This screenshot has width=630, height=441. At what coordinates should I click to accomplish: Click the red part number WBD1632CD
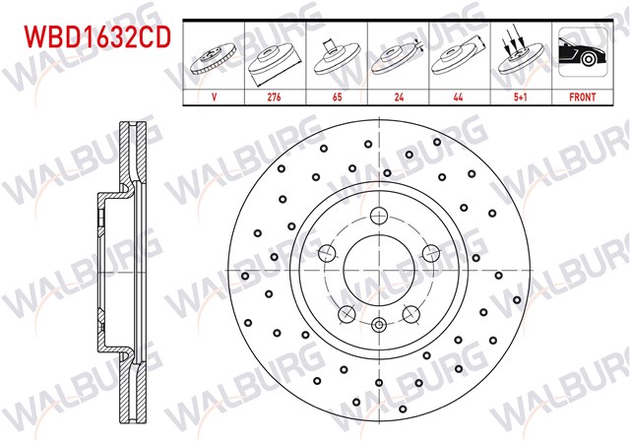point(97,37)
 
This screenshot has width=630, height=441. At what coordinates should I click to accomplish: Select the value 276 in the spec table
point(274,97)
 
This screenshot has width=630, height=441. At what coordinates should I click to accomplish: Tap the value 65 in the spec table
point(337,97)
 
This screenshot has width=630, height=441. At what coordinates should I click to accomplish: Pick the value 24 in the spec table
point(399,97)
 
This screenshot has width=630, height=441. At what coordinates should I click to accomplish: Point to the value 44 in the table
point(458,97)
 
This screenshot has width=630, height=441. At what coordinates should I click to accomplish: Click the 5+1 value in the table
point(521,97)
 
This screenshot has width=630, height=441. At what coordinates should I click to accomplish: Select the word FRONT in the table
point(583,97)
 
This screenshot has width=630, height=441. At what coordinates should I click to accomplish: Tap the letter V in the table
point(215,97)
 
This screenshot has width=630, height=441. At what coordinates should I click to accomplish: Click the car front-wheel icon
point(583,52)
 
